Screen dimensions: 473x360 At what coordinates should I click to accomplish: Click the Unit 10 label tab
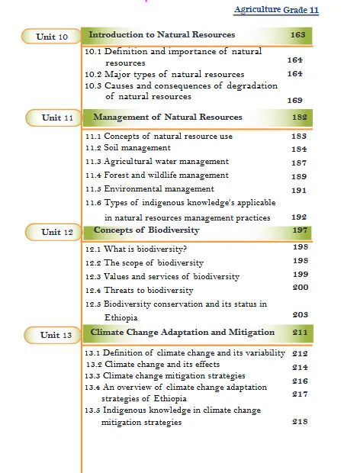click(53, 37)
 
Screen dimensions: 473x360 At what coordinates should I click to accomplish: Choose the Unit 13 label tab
click(56, 335)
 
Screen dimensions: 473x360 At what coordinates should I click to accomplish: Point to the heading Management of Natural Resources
click(167, 117)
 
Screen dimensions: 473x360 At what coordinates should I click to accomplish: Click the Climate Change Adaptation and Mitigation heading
click(182, 333)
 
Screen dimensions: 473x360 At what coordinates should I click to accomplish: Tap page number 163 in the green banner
click(298, 35)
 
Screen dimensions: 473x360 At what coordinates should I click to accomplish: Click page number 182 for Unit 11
click(299, 117)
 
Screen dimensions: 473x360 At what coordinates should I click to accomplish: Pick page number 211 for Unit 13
click(300, 333)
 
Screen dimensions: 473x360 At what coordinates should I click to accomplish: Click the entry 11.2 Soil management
click(127, 148)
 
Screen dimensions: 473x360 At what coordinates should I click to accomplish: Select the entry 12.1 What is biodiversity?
click(135, 249)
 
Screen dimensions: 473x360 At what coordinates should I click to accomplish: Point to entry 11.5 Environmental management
click(149, 189)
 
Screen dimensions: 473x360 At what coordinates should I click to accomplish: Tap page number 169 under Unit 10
click(294, 101)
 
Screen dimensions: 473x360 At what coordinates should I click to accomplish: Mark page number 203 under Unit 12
click(300, 314)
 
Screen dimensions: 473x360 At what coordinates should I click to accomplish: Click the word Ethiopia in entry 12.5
click(123, 317)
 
